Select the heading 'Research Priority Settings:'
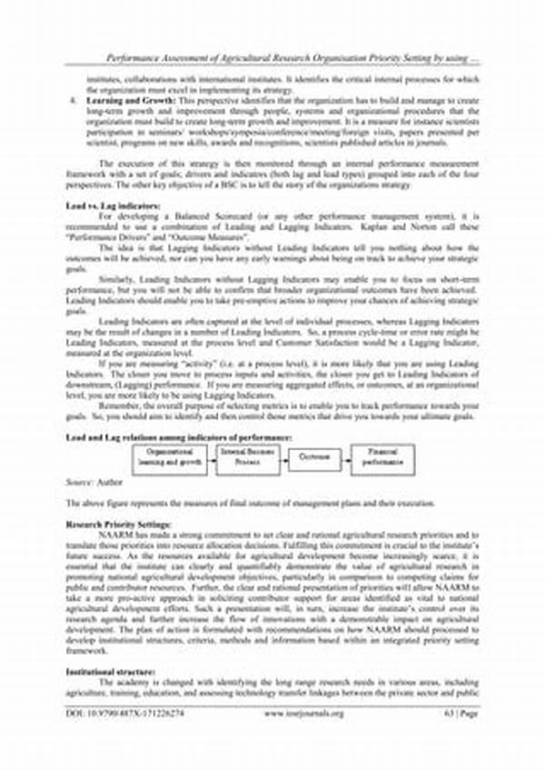112,525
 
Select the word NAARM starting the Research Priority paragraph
111,535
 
